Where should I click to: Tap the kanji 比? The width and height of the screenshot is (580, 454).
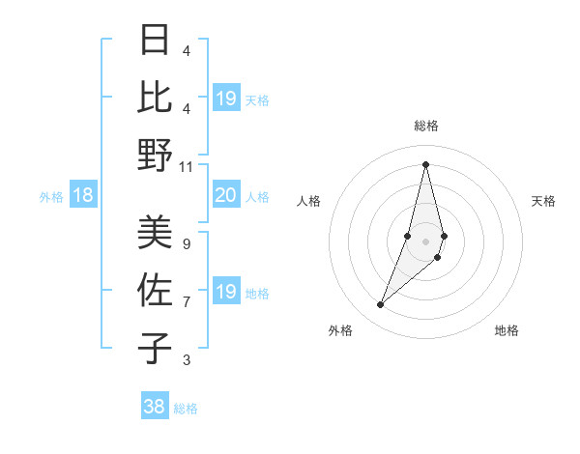(x=156, y=99)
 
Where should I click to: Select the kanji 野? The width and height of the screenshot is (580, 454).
(x=156, y=155)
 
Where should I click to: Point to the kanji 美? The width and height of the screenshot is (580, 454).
(x=156, y=233)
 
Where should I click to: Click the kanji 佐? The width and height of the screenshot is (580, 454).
(x=156, y=290)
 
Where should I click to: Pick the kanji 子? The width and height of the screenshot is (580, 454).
(x=156, y=347)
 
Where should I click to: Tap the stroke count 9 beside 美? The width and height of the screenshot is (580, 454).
(x=187, y=244)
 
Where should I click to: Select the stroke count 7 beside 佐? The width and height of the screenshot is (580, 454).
(x=187, y=301)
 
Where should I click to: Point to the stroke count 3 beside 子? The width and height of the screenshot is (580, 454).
(x=187, y=360)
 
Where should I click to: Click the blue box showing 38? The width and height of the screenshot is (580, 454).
(x=155, y=407)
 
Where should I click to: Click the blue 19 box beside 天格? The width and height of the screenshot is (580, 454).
(x=225, y=99)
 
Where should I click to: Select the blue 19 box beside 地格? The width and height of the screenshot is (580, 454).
(x=225, y=293)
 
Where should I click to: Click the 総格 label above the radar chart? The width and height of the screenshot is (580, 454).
(x=426, y=126)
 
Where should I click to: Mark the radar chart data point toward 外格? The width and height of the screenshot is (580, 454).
(x=380, y=305)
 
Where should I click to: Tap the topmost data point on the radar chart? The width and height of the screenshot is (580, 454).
(x=425, y=164)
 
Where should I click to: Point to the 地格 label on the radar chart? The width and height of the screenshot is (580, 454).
(x=507, y=330)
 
